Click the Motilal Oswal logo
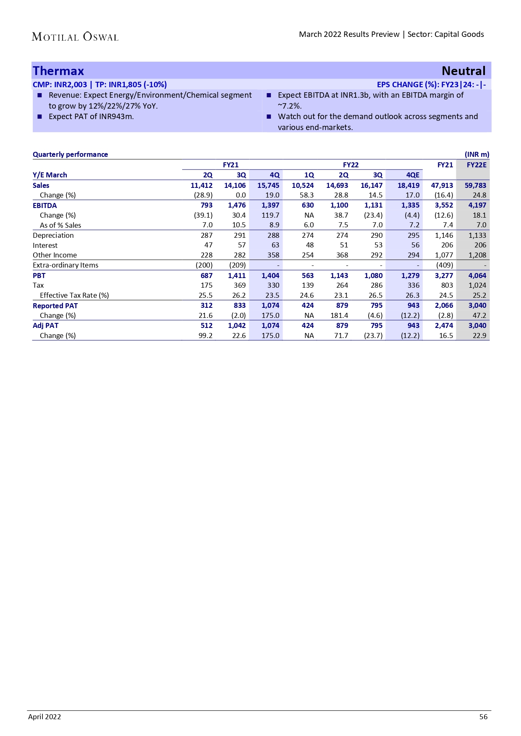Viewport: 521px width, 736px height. pyautogui.click(x=75, y=37)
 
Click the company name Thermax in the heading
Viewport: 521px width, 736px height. pyautogui.click(x=58, y=71)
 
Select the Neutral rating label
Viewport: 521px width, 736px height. pyautogui.click(x=463, y=71)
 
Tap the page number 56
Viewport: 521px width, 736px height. pyautogui.click(x=483, y=717)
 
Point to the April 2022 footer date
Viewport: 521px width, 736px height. pyautogui.click(x=45, y=717)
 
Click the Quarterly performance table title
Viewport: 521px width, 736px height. pyautogui.click(x=70, y=154)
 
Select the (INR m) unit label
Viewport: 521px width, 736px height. pyautogui.click(x=476, y=154)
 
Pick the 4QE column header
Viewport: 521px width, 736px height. pyautogui.click(x=412, y=175)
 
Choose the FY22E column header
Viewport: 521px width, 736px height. pyautogui.click(x=476, y=165)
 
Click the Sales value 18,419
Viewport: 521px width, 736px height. pyautogui.click(x=408, y=185)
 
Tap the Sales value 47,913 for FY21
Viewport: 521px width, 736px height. pyautogui.click(x=442, y=185)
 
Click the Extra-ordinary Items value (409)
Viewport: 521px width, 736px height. pyautogui.click(x=444, y=265)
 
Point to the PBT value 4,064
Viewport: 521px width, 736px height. pyautogui.click(x=477, y=276)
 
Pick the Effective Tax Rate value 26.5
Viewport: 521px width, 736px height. pyautogui.click(x=375, y=295)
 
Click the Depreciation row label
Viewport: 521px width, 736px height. pyautogui.click(x=53, y=235)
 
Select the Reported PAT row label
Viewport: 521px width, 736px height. pyautogui.click(x=55, y=306)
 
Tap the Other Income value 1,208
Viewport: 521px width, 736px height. pyautogui.click(x=477, y=255)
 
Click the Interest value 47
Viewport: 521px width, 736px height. pyautogui.click(x=208, y=245)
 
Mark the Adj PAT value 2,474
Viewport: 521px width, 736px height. pyautogui.click(x=444, y=325)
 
